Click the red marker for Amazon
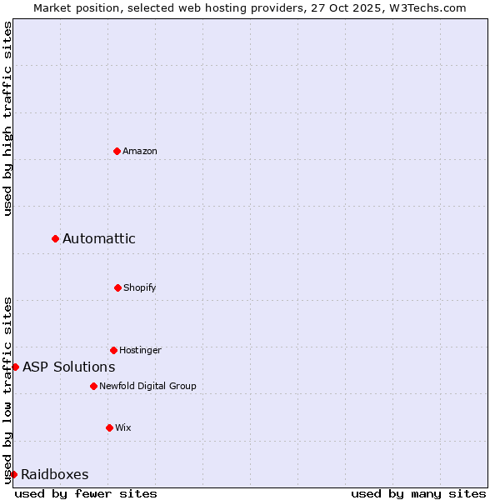(117, 151)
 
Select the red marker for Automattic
(56, 238)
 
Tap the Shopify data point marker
(117, 287)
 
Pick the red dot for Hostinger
(113, 350)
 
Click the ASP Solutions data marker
(15, 367)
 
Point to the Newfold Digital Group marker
(93, 386)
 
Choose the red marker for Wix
(109, 427)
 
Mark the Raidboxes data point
(13, 474)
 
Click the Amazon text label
(140, 151)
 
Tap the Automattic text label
(99, 238)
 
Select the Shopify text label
(140, 287)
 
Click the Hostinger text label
(140, 350)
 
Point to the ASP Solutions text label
(69, 367)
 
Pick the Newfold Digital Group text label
(147, 386)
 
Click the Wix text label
(123, 427)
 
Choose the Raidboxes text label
(55, 474)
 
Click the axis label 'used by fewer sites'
(86, 493)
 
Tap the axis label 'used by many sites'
(418, 493)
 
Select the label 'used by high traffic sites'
(7, 118)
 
